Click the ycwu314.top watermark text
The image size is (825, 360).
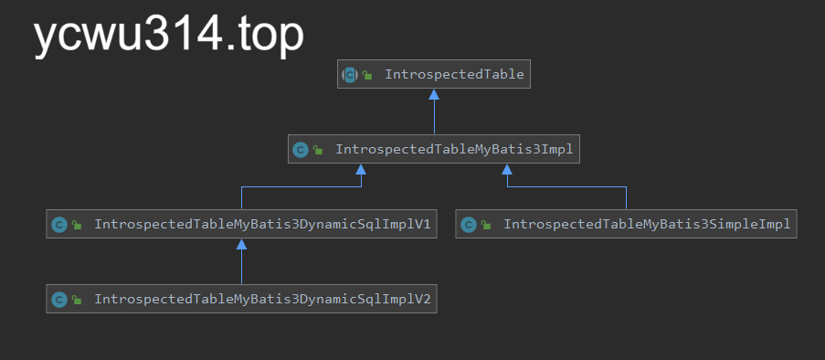point(169,37)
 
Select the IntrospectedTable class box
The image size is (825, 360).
point(434,74)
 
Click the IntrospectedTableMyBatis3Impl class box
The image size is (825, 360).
point(434,149)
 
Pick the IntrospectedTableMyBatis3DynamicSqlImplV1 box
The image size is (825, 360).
point(241,224)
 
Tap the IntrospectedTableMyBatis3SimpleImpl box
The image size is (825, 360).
point(627,224)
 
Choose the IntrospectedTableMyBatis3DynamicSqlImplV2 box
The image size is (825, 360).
point(241,299)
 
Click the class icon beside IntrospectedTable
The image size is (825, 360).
point(350,75)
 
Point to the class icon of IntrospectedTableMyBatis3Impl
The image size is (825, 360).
point(301,150)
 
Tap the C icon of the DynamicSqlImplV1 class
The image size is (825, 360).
point(59,225)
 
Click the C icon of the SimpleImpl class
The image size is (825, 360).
point(469,225)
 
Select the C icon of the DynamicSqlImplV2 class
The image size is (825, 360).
point(59,300)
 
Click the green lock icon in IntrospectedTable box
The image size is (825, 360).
point(367,76)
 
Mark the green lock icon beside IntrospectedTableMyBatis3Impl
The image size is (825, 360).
point(318,151)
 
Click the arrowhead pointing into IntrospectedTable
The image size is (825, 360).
point(434,94)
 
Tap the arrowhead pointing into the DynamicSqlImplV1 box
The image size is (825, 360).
point(241,244)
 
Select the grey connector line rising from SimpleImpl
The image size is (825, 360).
point(627,198)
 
